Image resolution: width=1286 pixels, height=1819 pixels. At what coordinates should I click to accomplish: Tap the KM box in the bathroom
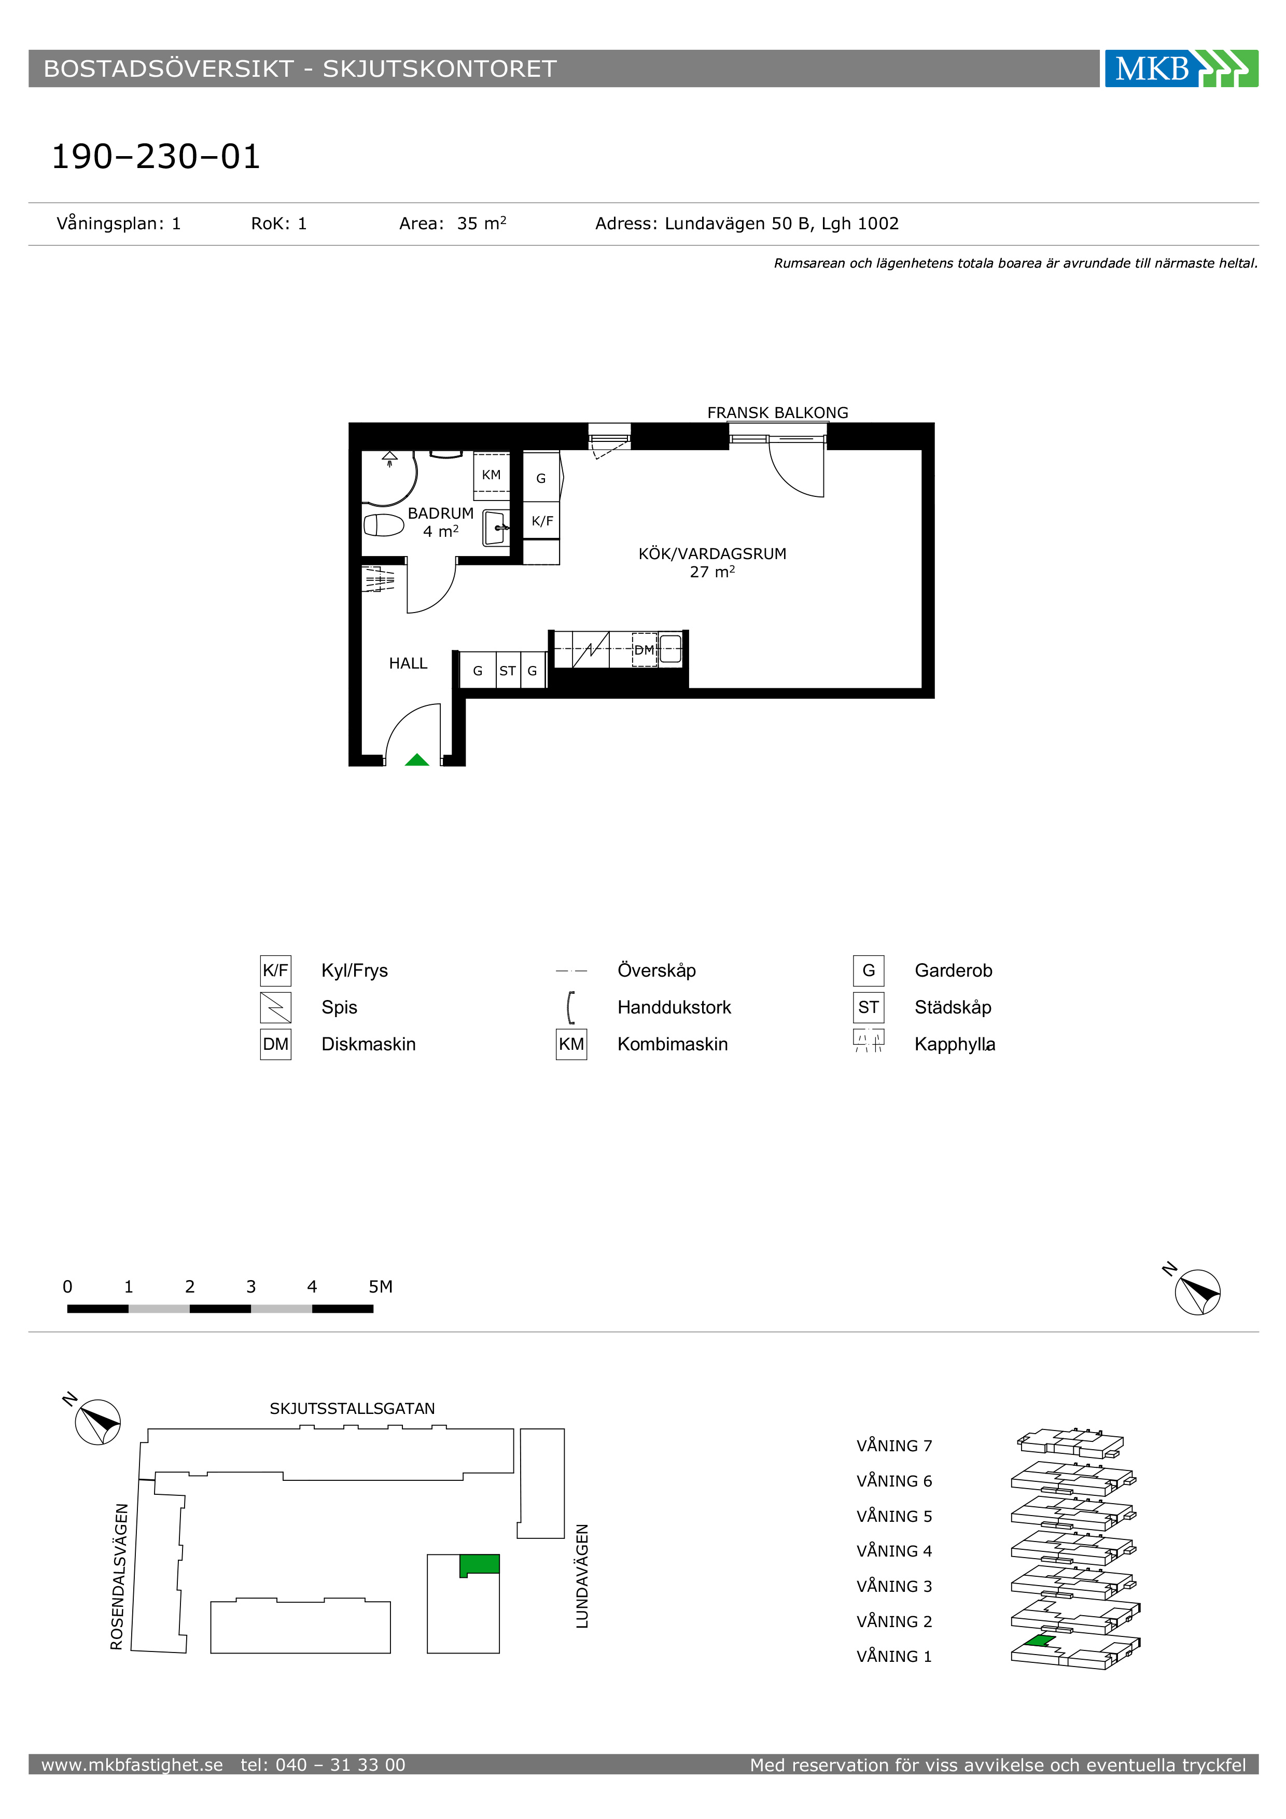pos(492,474)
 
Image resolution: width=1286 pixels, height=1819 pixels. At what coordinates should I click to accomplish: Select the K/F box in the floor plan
pos(542,521)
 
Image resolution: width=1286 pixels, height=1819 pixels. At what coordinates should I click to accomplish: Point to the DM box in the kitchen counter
pos(645,649)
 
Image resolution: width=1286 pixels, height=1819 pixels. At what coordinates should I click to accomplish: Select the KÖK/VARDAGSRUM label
pos(712,554)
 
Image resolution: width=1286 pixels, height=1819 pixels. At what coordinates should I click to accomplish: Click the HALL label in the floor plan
pos(408,663)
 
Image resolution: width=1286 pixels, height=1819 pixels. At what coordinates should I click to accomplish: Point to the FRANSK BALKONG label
pos(778,413)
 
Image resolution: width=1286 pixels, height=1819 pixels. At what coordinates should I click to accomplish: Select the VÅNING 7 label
pos(894,1446)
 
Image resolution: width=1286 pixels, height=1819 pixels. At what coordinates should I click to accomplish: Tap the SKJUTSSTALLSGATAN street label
pos(353,1409)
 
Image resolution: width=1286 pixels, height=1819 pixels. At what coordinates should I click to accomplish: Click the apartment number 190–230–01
pos(156,156)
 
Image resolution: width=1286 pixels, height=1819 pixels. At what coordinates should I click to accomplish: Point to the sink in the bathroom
pos(496,527)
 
